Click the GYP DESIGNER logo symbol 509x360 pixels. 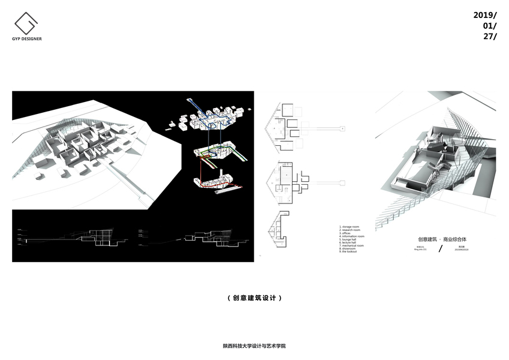click(x=27, y=23)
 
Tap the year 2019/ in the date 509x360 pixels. click(x=485, y=15)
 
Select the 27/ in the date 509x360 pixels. click(x=489, y=36)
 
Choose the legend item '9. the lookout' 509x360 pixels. click(x=350, y=251)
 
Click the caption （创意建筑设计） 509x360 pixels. click(x=255, y=298)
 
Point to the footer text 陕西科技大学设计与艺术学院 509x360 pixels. click(x=254, y=346)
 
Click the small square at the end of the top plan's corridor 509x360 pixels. click(x=342, y=128)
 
